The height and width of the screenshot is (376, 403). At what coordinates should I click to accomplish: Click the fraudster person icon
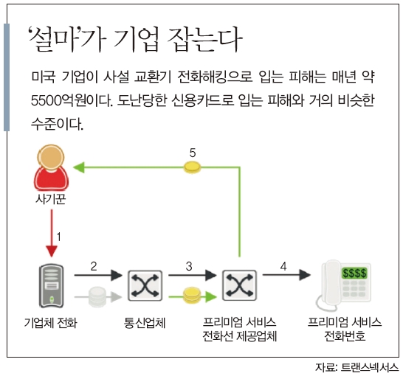(51, 167)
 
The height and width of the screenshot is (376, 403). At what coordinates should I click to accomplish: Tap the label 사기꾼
(51, 199)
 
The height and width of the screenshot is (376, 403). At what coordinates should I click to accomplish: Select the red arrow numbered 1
(52, 233)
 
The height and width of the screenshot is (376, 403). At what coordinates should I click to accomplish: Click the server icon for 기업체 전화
(52, 286)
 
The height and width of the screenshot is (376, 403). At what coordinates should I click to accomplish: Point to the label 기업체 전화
(51, 323)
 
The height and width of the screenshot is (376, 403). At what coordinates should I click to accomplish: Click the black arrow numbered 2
(98, 275)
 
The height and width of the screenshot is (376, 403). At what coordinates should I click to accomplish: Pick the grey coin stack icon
(97, 297)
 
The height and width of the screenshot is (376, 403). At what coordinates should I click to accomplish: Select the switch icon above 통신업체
(145, 285)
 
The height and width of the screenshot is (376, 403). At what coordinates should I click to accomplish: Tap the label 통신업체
(145, 323)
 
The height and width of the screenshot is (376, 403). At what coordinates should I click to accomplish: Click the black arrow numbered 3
(192, 275)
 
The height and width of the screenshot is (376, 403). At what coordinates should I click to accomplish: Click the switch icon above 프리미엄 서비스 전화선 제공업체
(240, 285)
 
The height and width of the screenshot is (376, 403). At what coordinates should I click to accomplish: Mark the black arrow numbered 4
(286, 275)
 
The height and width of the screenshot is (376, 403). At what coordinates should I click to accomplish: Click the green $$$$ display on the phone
(354, 273)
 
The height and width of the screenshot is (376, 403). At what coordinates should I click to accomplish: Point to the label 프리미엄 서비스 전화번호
(345, 329)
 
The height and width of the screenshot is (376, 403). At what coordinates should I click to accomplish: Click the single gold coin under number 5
(192, 167)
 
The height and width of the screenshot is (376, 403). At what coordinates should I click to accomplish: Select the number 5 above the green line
(193, 153)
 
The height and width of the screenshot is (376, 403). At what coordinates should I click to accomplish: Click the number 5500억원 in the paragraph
(58, 100)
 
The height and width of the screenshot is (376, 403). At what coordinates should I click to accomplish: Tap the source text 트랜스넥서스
(369, 368)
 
